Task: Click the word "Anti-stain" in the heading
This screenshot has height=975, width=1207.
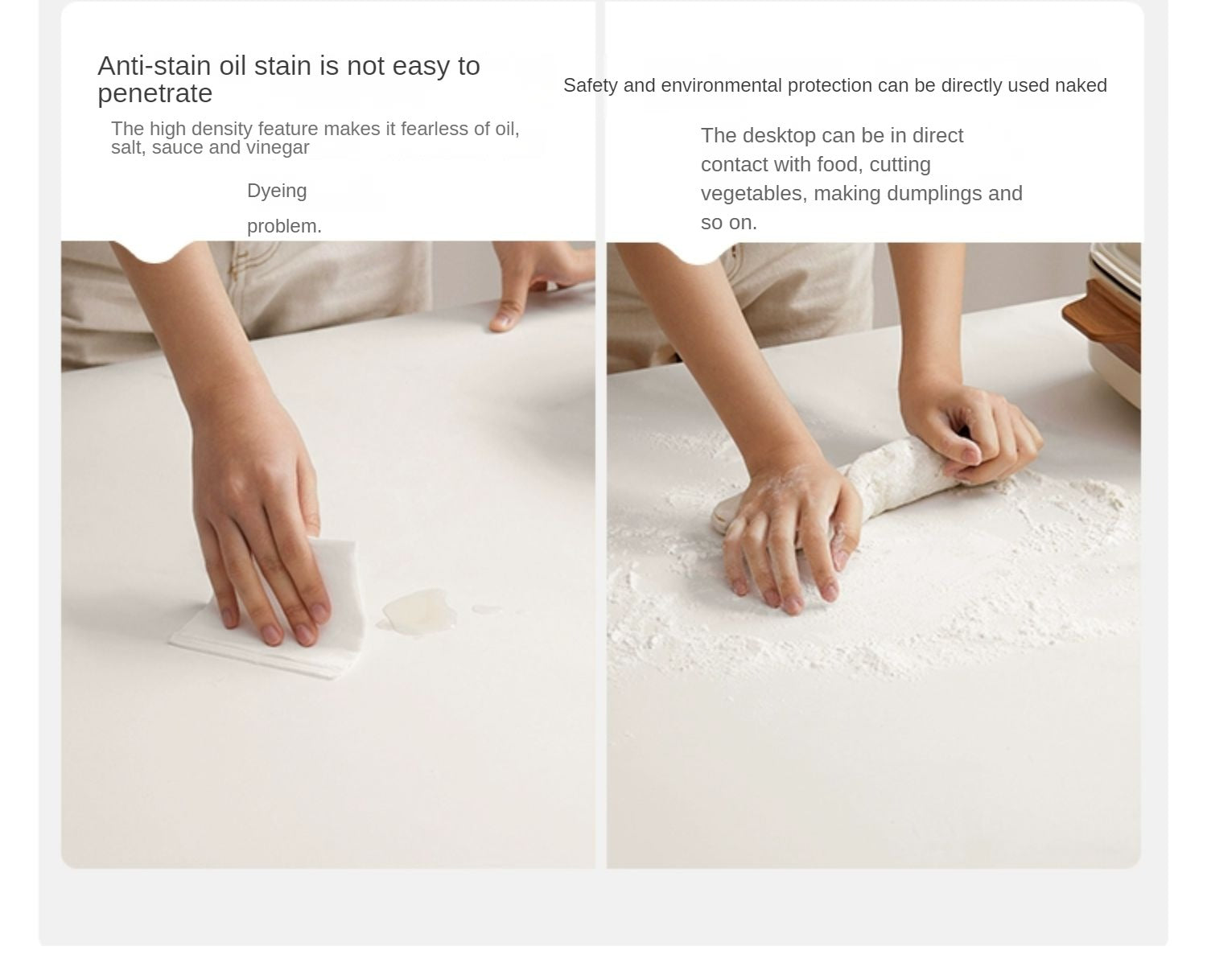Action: pos(154,66)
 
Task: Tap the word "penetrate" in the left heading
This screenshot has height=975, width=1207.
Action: pos(154,93)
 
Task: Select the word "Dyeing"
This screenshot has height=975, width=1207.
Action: pos(277,191)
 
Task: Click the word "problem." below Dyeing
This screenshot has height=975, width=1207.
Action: pos(284,226)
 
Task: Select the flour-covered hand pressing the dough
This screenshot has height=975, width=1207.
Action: pos(793,538)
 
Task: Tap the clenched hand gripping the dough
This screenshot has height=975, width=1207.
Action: pos(969,430)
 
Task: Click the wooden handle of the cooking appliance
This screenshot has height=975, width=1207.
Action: pos(1102,322)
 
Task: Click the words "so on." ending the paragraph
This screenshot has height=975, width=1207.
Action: pos(729,223)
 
